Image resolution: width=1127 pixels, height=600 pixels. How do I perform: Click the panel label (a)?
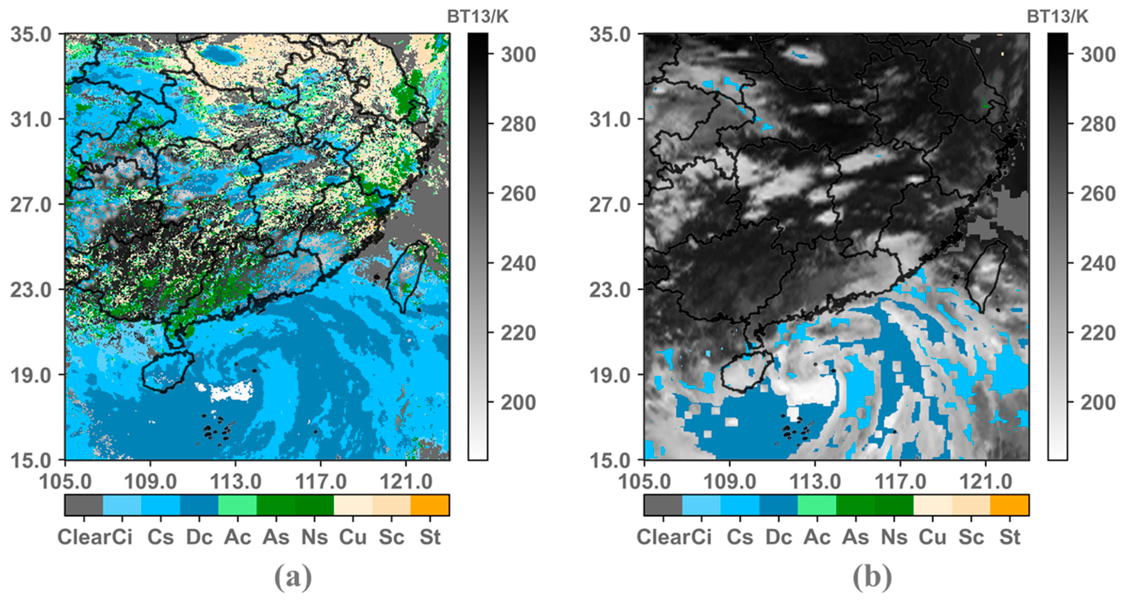pyautogui.click(x=293, y=577)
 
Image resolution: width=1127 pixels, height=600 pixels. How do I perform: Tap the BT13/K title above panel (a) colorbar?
pyautogui.click(x=477, y=17)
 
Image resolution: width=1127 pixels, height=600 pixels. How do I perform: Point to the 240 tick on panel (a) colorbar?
pyautogui.click(x=518, y=264)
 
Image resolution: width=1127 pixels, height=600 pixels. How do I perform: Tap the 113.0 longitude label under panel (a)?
pyautogui.click(x=235, y=482)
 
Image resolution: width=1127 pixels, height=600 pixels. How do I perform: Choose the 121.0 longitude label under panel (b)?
pyautogui.click(x=985, y=482)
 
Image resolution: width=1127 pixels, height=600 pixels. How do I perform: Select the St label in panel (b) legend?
pyautogui.click(x=1009, y=537)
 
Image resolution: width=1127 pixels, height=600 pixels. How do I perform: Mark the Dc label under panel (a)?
pyautogui.click(x=199, y=537)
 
